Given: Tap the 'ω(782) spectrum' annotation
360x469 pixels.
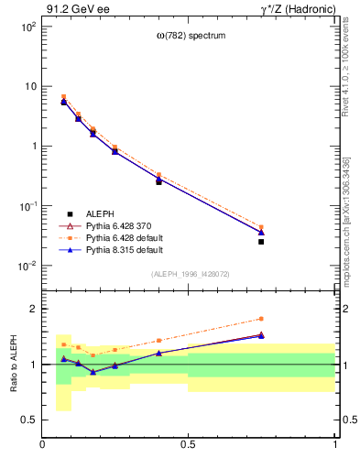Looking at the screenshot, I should tap(190, 36).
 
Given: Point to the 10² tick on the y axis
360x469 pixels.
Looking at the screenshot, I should tap(28, 27).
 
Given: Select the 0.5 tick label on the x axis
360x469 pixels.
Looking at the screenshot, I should tap(189, 445).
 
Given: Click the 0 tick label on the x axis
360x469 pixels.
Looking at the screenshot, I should tap(43, 445).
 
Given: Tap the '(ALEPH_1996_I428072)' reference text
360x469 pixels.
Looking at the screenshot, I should tap(190, 274).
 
